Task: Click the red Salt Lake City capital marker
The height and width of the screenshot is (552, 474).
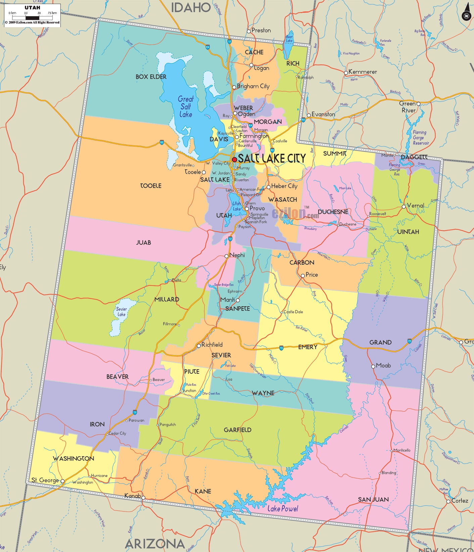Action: [234, 160]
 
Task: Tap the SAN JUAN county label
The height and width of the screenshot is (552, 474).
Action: [373, 499]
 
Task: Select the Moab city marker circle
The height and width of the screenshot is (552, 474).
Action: [373, 366]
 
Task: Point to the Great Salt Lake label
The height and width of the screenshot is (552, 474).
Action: [186, 107]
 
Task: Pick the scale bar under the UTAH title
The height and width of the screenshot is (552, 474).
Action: [33, 17]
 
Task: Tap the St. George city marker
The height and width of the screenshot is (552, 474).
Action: [62, 481]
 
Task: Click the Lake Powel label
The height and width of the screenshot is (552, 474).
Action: [283, 508]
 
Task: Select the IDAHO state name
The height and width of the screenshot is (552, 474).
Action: [191, 7]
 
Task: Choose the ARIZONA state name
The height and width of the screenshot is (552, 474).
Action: [155, 543]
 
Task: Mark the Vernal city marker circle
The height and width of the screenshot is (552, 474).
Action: [404, 206]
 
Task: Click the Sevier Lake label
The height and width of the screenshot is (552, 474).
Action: [121, 312]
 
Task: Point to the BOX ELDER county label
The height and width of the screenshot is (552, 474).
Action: [151, 77]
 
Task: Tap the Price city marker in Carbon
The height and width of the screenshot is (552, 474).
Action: [302, 275]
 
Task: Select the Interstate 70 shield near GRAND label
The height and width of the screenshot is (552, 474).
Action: [410, 341]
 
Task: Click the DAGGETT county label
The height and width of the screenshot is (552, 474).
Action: [414, 157]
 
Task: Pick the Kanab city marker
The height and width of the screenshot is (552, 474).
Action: [143, 498]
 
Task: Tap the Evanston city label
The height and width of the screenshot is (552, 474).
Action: [323, 114]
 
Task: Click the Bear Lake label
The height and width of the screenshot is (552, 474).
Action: [289, 39]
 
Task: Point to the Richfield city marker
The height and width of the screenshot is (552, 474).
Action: [199, 345]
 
